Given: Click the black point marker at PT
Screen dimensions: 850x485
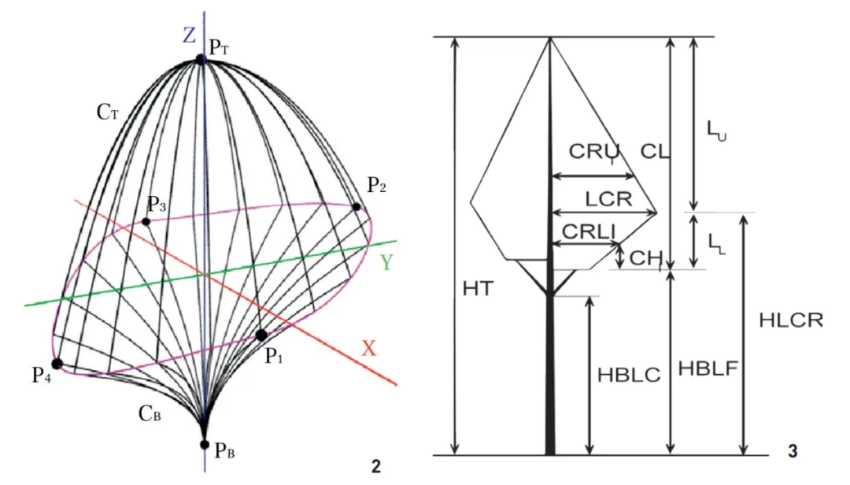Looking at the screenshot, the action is (x=201, y=58).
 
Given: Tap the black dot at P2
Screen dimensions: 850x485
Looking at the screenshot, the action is (x=357, y=207).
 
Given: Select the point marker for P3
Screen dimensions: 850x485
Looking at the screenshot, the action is (x=146, y=221).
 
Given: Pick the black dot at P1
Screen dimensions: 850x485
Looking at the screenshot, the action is (x=261, y=335).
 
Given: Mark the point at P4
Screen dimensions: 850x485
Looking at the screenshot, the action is (x=57, y=364).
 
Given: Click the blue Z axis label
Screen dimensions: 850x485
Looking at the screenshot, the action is (x=189, y=35).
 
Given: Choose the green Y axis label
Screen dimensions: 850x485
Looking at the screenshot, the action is (x=387, y=263).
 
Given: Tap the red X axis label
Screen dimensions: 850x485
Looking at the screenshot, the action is (x=369, y=348).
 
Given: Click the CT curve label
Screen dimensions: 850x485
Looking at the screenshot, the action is (x=108, y=113).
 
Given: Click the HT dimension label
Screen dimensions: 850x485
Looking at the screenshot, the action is (x=477, y=288).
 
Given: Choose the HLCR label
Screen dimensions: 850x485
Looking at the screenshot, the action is (x=791, y=320).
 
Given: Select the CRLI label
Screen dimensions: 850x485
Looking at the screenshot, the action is (x=588, y=231).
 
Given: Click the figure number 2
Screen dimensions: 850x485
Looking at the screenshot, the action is (x=375, y=466).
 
